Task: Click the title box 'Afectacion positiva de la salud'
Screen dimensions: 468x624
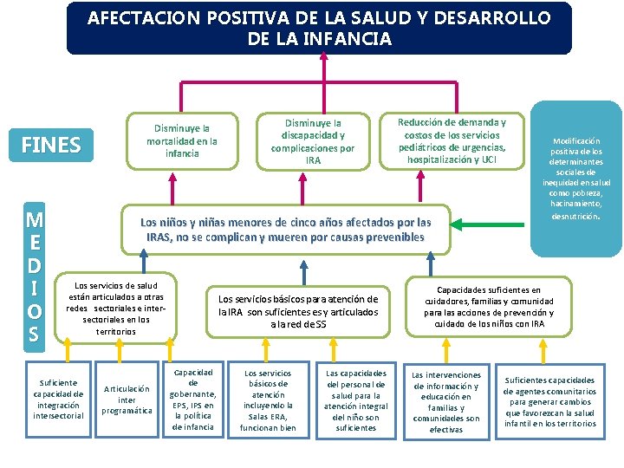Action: pyautogui.click(x=319, y=29)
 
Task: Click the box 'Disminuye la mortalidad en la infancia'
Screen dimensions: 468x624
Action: pyautogui.click(x=182, y=139)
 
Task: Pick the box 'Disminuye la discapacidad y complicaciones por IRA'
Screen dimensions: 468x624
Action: pyautogui.click(x=313, y=141)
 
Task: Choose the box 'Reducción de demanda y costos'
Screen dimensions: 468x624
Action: pyautogui.click(x=452, y=141)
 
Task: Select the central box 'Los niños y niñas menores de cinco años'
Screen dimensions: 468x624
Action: pyautogui.click(x=285, y=229)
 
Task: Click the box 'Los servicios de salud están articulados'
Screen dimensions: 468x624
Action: pyautogui.click(x=115, y=308)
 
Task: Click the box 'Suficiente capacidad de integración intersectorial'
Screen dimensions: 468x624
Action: pyautogui.click(x=58, y=399)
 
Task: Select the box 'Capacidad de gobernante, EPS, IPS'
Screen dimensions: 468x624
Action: pyautogui.click(x=193, y=399)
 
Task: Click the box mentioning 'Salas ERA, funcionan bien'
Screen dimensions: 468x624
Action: pyautogui.click(x=268, y=400)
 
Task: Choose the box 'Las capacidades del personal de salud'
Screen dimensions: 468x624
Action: pyautogui.click(x=356, y=400)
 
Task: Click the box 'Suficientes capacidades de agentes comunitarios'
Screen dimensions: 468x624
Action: pyautogui.click(x=549, y=401)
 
